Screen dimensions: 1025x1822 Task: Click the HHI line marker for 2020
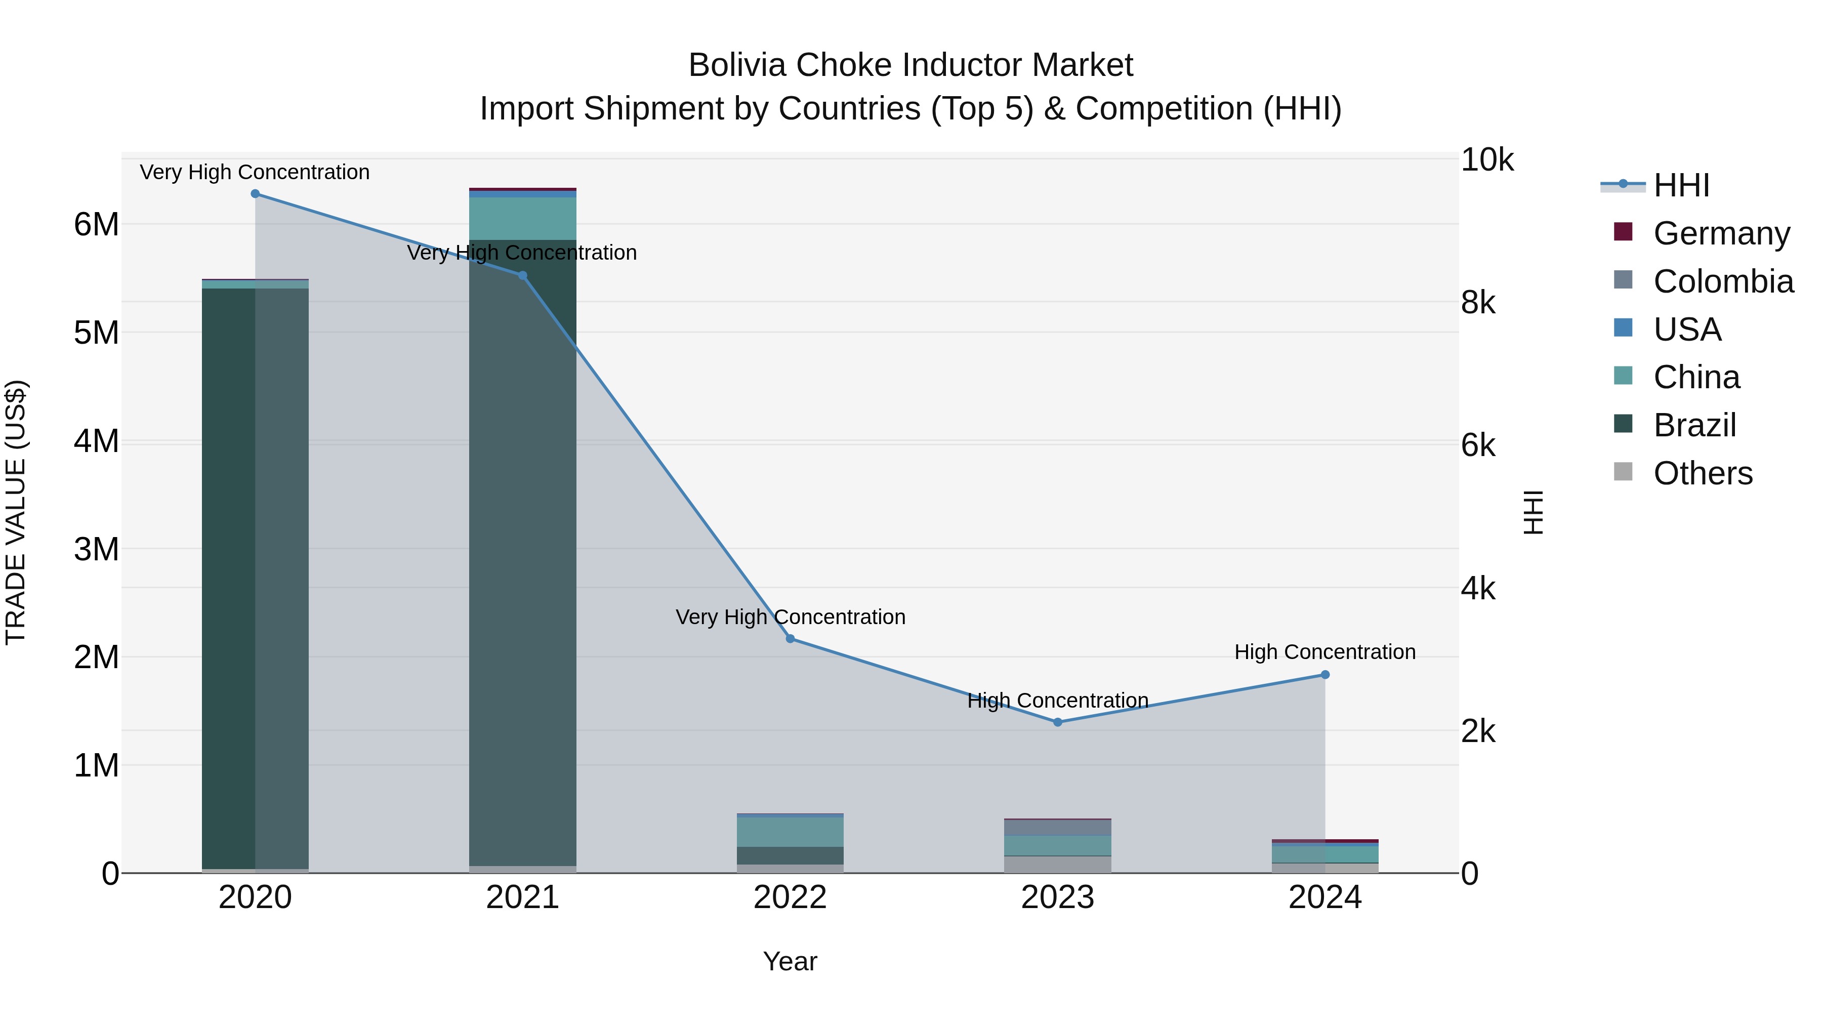256,194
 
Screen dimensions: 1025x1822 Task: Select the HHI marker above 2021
523,276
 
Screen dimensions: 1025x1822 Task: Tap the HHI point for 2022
790,639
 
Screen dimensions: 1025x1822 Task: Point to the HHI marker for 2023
1057,722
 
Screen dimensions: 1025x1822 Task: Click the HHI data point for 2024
1325,675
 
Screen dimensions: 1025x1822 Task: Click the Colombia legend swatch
1623,280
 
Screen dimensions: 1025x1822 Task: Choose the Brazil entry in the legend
1694,425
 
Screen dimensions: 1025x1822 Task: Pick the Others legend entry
1703,473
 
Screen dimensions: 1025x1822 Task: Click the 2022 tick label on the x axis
790,897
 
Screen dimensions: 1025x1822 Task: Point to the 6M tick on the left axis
96,225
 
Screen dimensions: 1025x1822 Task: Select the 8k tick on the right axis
1478,303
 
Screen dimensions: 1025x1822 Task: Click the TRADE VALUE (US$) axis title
16,512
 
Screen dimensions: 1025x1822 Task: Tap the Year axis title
790,961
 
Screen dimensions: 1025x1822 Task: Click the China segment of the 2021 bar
523,219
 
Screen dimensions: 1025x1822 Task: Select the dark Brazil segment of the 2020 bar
228,566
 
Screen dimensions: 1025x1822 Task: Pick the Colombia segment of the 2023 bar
1057,828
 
